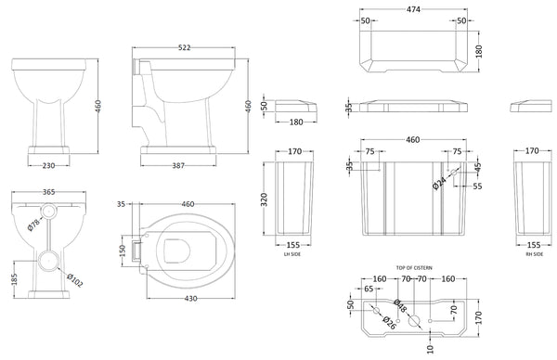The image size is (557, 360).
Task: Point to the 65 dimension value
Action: coord(368,289)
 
